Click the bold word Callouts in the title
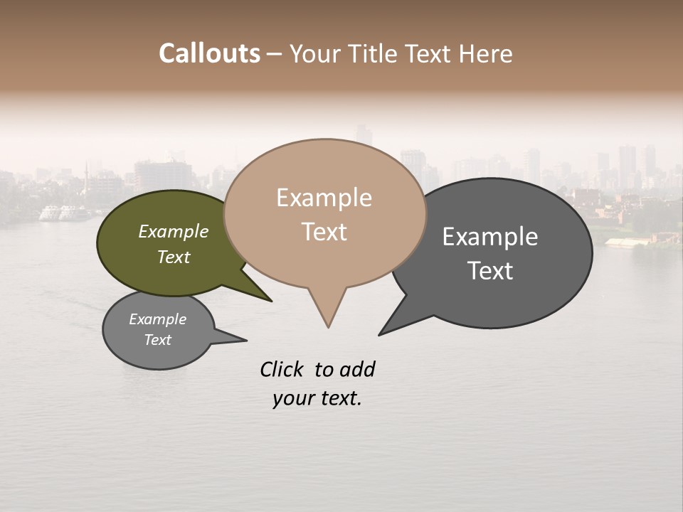[209, 53]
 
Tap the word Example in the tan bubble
[324, 198]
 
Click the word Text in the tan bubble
[324, 232]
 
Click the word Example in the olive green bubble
[173, 231]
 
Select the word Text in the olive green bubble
[173, 257]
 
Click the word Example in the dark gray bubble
[489, 237]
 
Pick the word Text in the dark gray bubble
[489, 271]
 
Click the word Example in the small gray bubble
[157, 319]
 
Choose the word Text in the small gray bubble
[157, 340]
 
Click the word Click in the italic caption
[281, 369]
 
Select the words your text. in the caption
[317, 398]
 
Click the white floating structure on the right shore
[626, 242]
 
